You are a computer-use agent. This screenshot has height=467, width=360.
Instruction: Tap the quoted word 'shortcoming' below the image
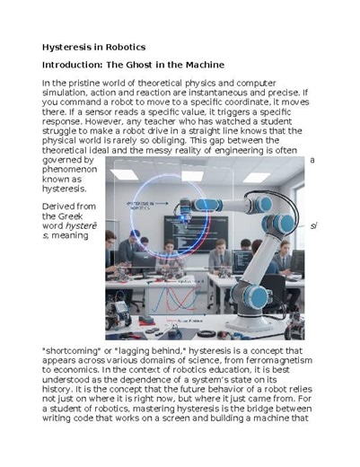point(78,347)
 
